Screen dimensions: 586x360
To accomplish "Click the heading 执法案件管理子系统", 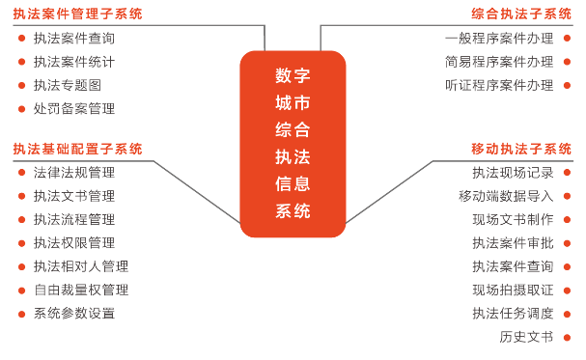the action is point(78,14).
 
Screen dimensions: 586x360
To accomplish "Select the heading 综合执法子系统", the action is point(521,14).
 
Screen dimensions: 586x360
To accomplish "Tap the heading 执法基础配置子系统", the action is point(78,149).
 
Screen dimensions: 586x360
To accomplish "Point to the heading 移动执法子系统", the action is point(521,149).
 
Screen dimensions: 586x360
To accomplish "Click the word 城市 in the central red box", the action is point(293,102).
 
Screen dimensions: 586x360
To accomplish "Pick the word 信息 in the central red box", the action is point(293,184).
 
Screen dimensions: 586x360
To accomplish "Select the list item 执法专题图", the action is point(68,85).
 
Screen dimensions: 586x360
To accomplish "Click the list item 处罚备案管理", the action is point(74,109).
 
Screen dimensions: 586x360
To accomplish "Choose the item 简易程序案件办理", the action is point(499,62).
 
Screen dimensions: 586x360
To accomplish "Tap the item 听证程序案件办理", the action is point(499,85).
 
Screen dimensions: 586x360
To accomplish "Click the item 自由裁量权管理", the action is point(81,290).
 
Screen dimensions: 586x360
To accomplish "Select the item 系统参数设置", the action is point(74,314).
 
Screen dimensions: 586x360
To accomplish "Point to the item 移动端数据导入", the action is point(506,196).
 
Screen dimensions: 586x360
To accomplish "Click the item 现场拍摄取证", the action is point(513,290).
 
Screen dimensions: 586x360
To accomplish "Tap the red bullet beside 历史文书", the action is point(567,338).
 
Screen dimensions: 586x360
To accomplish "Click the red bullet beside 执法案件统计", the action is point(21,62).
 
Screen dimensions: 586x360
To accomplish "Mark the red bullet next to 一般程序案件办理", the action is point(567,38).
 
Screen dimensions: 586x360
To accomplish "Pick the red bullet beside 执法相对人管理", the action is point(21,266).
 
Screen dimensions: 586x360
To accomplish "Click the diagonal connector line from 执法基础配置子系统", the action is point(197,192).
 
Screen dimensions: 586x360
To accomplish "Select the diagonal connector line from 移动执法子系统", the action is point(389,192).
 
